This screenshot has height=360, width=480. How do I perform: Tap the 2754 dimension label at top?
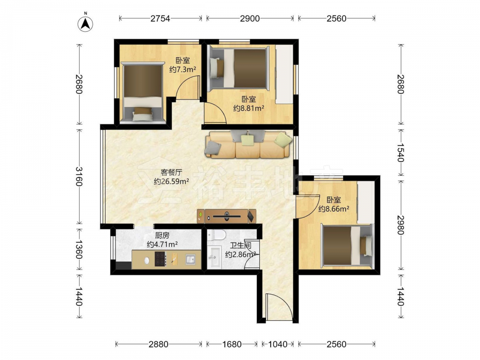(x=160, y=19)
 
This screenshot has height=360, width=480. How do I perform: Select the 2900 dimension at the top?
(x=250, y=19)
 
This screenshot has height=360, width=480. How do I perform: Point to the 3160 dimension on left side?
(x=79, y=176)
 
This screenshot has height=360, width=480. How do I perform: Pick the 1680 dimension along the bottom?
(x=232, y=344)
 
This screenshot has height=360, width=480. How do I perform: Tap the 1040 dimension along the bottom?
(x=278, y=344)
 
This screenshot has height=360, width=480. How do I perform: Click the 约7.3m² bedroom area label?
(x=183, y=70)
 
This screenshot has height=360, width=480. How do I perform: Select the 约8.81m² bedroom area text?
(x=249, y=108)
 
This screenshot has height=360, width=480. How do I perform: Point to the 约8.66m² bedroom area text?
(x=334, y=209)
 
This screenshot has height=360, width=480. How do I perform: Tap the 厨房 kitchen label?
(x=162, y=235)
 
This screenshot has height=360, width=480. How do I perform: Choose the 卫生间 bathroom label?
(x=240, y=245)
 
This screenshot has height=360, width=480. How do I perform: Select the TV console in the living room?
(x=227, y=216)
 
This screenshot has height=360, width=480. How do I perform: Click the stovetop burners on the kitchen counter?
(x=160, y=259)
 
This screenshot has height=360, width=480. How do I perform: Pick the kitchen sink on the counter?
(x=191, y=259)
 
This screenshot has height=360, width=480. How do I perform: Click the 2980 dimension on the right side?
(x=401, y=225)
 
